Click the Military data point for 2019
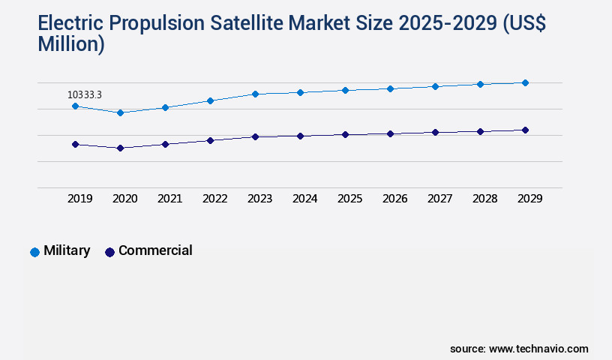tap(75, 106)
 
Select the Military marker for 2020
tap(120, 112)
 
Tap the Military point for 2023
tap(255, 94)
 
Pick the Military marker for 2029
tap(525, 82)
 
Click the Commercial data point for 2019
tap(75, 144)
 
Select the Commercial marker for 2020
tap(120, 148)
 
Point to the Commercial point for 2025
tap(345, 134)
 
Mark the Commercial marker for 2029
tap(525, 130)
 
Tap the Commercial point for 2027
tap(435, 132)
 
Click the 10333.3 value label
tap(85, 94)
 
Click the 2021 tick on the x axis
tap(169, 199)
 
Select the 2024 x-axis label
tap(304, 199)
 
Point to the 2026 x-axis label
tap(394, 199)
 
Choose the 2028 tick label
tap(484, 199)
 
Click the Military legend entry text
tap(67, 250)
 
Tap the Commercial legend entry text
tap(155, 250)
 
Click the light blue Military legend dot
tap(34, 252)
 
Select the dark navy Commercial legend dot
tap(109, 252)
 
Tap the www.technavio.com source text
tap(538, 349)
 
